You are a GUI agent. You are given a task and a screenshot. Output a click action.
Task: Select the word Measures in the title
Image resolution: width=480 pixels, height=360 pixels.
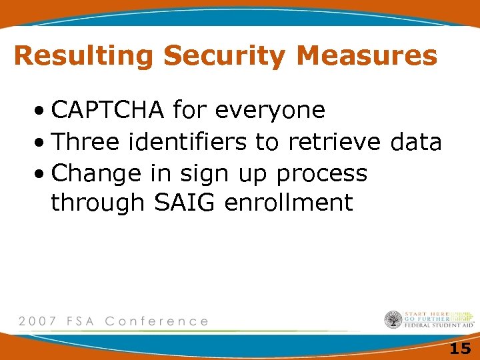(x=367, y=56)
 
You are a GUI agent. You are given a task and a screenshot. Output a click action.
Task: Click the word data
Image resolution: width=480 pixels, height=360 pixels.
(x=415, y=141)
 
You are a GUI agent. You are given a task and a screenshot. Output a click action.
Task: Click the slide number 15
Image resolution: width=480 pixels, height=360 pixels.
(x=460, y=348)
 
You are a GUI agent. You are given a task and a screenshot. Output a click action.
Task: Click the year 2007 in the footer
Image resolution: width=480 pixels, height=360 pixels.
(x=38, y=321)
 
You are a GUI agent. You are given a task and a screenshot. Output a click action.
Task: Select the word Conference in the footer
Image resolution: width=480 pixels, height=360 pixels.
(x=157, y=321)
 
